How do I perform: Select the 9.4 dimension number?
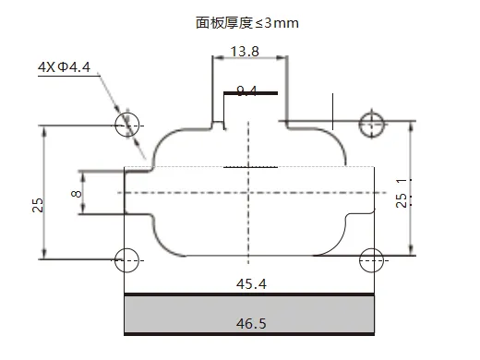pos(246,90)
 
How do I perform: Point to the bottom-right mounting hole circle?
pos(373,259)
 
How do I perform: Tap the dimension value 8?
pos(77,195)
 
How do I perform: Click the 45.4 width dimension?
pos(250,285)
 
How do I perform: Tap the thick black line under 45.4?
pos(249,295)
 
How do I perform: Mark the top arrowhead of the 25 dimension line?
pos(44,130)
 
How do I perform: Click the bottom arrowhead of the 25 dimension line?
pos(44,256)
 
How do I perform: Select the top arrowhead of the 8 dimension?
pos(82,174)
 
